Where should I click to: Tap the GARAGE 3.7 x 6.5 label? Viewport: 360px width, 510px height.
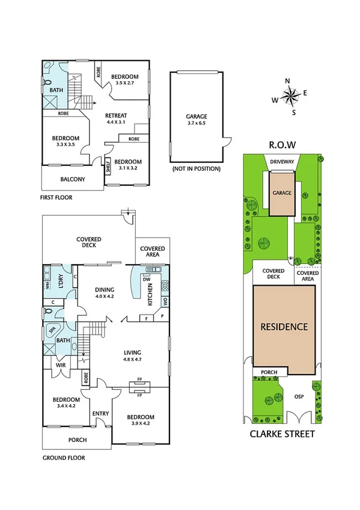point(196,120)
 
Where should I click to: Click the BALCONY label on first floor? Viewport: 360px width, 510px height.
point(73,179)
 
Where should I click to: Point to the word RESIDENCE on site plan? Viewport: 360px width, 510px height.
point(284,327)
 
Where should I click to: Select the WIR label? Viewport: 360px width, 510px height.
point(60,365)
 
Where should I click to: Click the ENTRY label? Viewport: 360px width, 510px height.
point(100,413)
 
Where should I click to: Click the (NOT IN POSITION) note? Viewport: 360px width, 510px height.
point(196,169)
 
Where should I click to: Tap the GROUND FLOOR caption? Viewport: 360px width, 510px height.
point(63,458)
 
